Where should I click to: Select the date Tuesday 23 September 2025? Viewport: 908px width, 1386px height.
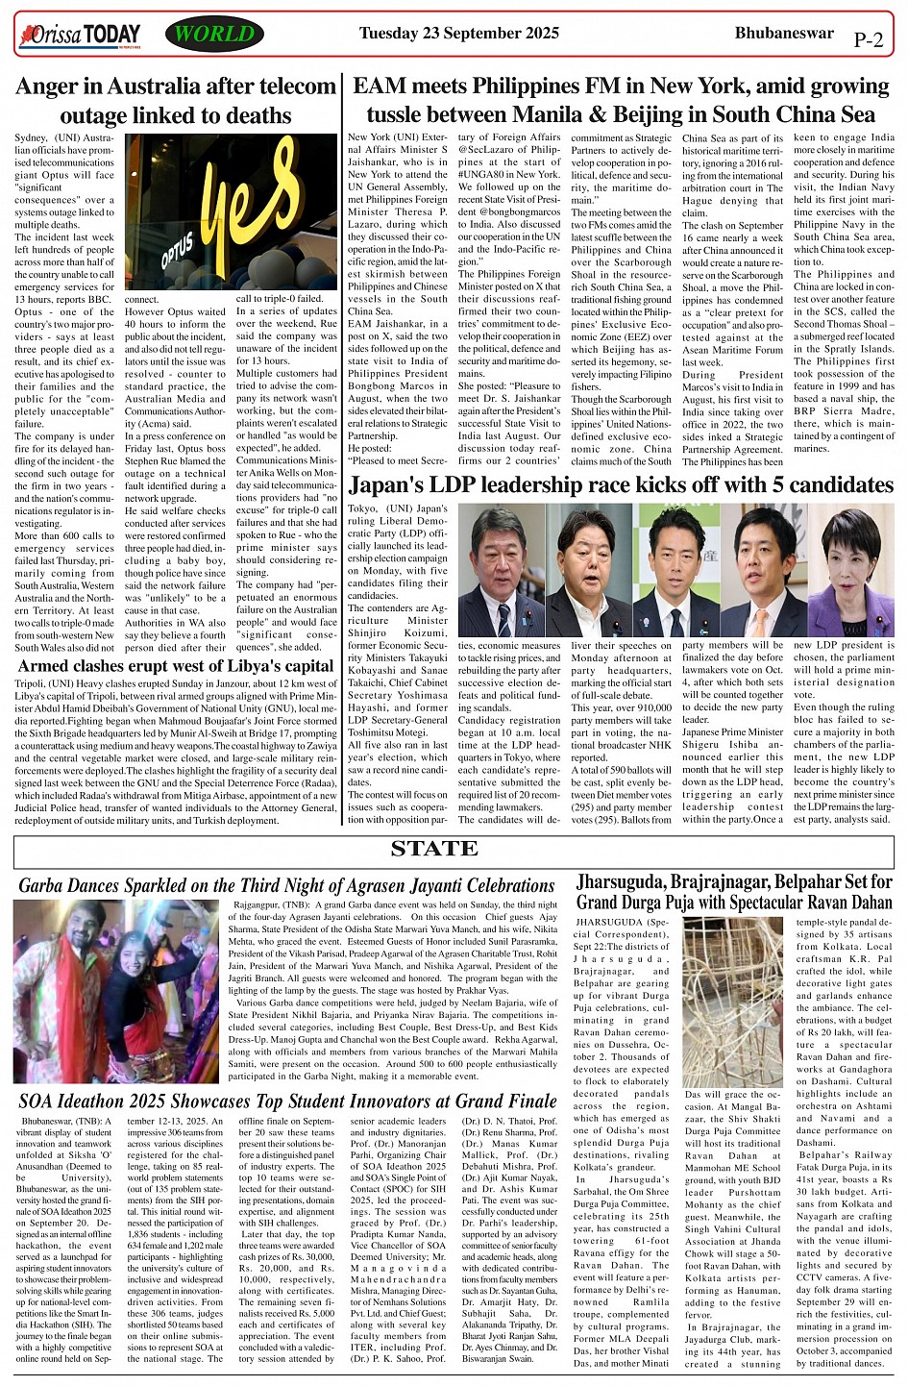click(458, 34)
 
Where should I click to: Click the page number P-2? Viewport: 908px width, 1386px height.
click(867, 40)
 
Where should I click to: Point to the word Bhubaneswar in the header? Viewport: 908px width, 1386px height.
click(780, 34)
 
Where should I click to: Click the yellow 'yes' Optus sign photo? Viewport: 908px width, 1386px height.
click(231, 211)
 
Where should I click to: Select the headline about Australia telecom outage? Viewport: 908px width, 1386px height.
click(176, 101)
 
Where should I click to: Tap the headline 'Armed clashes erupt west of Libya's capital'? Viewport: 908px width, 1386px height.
click(176, 665)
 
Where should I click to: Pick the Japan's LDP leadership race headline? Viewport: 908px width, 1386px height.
click(634, 483)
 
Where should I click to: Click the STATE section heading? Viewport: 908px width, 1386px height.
click(434, 849)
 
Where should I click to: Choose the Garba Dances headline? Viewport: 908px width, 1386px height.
click(286, 885)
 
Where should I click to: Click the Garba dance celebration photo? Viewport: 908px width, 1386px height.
click(116, 991)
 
